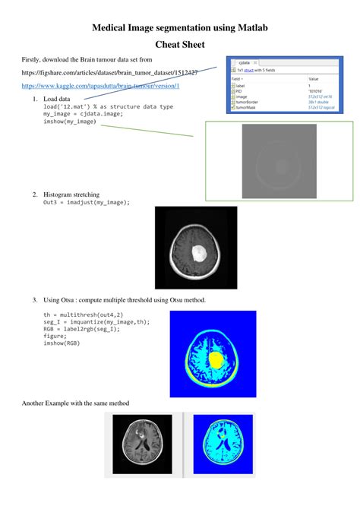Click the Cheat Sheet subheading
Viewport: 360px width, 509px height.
179,45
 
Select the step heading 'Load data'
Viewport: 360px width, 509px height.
56,100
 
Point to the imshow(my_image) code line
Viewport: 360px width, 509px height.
70,121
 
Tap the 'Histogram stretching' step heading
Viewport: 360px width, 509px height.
71,194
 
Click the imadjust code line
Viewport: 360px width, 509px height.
86,202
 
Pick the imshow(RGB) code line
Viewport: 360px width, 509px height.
62,343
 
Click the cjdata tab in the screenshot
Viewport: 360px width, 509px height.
245,63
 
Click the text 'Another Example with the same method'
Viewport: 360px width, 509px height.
76,403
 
